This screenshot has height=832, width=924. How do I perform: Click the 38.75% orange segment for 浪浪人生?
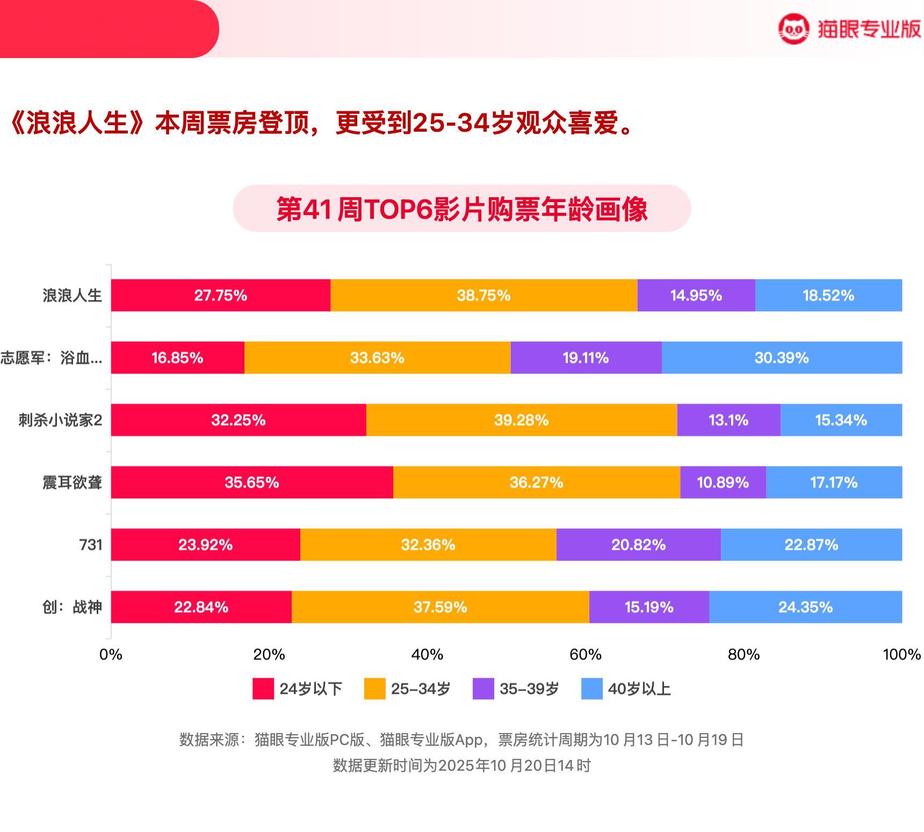pyautogui.click(x=483, y=295)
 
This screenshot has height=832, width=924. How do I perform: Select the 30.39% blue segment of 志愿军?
pyautogui.click(x=782, y=357)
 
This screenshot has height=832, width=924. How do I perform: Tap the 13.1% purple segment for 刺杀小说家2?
pyautogui.click(x=728, y=420)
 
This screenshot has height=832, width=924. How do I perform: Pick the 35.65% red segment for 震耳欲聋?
pyautogui.click(x=251, y=482)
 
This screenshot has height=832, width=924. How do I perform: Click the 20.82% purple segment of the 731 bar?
pyautogui.click(x=638, y=544)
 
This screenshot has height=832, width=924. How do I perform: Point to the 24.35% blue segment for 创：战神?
pyautogui.click(x=805, y=607)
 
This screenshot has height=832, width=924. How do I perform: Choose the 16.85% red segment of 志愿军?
pyautogui.click(x=177, y=357)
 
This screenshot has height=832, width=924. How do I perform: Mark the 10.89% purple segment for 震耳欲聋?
pyautogui.click(x=723, y=482)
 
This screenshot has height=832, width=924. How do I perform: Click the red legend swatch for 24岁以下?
pyautogui.click(x=263, y=688)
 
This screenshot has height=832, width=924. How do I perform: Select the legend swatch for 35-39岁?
pyautogui.click(x=483, y=688)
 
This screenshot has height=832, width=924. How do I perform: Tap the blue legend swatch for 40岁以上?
pyautogui.click(x=592, y=688)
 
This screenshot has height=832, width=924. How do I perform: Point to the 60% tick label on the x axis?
pyautogui.click(x=585, y=654)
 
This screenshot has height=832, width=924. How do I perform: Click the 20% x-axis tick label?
pyautogui.click(x=269, y=654)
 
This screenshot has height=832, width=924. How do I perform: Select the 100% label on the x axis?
pyautogui.click(x=901, y=654)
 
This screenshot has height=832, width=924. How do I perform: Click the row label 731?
pyautogui.click(x=91, y=544)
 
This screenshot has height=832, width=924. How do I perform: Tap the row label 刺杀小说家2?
pyautogui.click(x=60, y=420)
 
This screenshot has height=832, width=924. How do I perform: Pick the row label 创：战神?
pyautogui.click(x=72, y=607)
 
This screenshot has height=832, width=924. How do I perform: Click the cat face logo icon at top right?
pyautogui.click(x=793, y=29)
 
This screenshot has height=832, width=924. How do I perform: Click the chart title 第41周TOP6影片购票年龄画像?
pyautogui.click(x=461, y=209)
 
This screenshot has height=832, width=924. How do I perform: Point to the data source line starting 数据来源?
pyautogui.click(x=461, y=740)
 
